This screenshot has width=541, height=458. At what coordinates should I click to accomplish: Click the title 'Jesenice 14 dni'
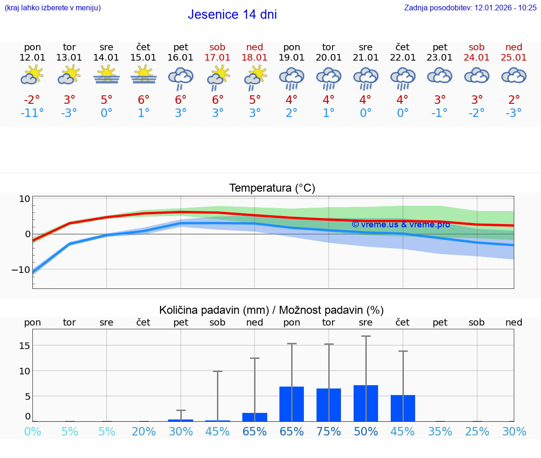(x=232, y=15)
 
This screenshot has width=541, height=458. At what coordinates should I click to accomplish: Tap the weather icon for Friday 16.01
(x=181, y=78)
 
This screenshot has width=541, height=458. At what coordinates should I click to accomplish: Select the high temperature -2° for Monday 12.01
(x=32, y=100)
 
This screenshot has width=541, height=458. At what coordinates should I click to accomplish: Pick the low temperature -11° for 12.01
(x=32, y=113)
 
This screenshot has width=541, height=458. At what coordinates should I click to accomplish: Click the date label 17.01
(x=217, y=57)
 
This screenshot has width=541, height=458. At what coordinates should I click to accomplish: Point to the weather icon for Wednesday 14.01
(x=107, y=75)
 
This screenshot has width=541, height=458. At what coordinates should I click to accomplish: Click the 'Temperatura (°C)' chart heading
(x=272, y=188)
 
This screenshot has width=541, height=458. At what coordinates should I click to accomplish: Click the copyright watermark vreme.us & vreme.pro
(x=401, y=225)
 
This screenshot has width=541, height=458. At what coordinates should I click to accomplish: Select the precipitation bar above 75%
(x=328, y=404)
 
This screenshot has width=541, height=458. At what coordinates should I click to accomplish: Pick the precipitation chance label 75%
(x=328, y=432)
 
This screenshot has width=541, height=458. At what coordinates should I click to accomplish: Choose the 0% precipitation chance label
(x=32, y=432)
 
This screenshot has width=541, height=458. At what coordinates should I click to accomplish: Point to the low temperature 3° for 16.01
(x=181, y=113)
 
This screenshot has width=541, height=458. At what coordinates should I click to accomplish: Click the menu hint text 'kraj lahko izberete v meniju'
(x=53, y=8)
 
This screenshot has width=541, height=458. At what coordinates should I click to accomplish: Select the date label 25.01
(x=514, y=57)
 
